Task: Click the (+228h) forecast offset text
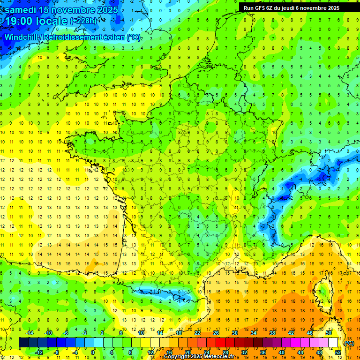tap(83, 21)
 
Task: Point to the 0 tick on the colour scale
tap(93, 352)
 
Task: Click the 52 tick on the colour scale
tap(337, 352)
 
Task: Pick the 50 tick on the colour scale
tap(328, 333)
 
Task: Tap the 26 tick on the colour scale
tap(216, 333)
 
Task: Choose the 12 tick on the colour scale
tap(150, 352)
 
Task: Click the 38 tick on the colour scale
tap(272, 333)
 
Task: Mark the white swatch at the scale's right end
tap(333, 343)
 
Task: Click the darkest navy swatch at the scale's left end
tap(23, 343)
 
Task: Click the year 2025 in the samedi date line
tap(106, 10)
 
